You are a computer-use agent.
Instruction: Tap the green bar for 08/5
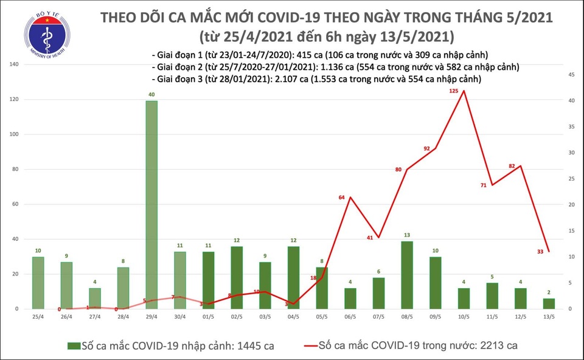tap(406, 275)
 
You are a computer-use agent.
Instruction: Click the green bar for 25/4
tap(38, 283)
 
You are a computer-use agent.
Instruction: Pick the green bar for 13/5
tap(549, 303)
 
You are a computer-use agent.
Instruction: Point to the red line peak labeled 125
tap(464, 91)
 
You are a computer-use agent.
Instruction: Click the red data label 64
tap(342, 198)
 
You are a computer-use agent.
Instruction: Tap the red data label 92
tap(426, 148)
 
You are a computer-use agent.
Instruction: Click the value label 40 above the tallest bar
tap(151, 94)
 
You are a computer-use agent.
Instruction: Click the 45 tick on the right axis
tap(571, 75)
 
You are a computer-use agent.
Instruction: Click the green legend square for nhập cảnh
tap(74, 346)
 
